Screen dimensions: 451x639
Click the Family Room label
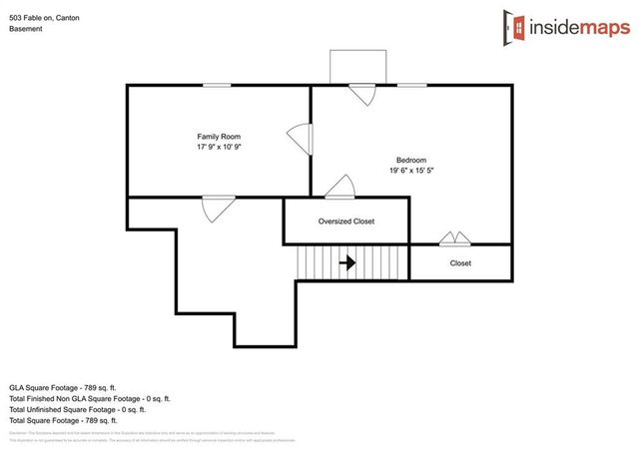(218, 136)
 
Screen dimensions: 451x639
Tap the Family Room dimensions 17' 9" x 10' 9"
(218, 147)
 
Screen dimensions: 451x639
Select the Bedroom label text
(410, 160)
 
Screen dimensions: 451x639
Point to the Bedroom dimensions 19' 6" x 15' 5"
(410, 171)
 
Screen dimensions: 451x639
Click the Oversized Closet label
(346, 222)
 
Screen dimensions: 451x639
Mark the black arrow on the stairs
(347, 263)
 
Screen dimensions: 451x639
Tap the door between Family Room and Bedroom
(301, 140)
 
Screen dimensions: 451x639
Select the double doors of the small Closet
(455, 238)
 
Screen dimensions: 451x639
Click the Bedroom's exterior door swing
(361, 94)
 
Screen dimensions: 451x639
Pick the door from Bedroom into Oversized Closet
(340, 188)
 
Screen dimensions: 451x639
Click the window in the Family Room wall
(217, 86)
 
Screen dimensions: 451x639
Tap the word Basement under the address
(26, 29)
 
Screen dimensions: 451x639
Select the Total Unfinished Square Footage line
(78, 409)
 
